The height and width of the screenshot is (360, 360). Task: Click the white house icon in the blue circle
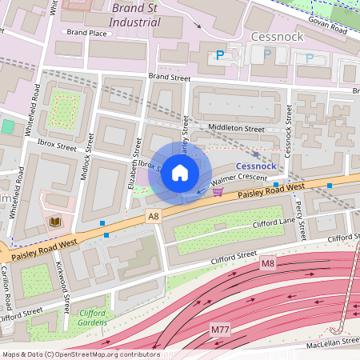pos(180,173)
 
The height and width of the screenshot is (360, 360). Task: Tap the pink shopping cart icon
pos(217,191)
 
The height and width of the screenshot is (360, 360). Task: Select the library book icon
pos(54,222)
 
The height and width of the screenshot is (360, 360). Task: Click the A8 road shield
pos(153,215)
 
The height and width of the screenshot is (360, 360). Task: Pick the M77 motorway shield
pos(220,330)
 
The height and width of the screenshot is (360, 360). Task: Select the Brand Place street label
pos(86,33)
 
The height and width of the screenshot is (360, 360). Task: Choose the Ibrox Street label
pos(56,147)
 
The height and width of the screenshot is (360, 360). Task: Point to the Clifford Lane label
pos(274,224)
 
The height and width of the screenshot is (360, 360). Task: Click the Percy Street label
pos(300,222)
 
